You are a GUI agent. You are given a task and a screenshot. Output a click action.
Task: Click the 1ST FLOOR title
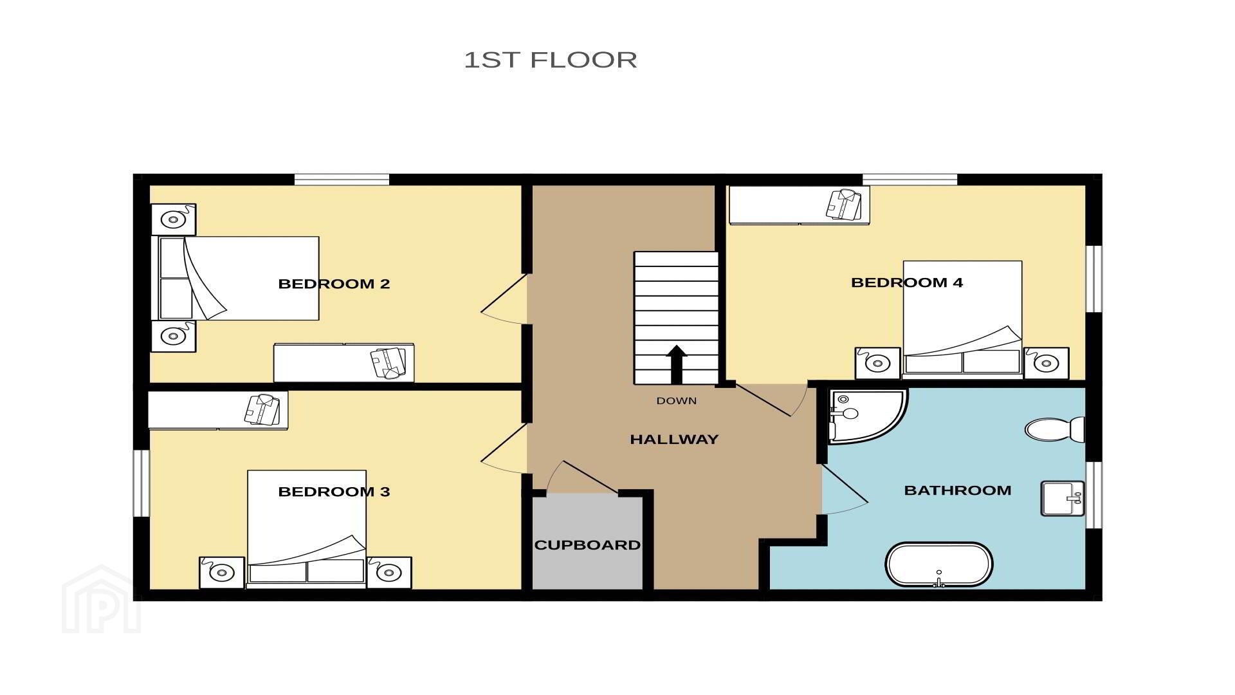coord(551,60)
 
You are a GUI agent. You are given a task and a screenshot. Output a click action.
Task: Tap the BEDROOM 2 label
coord(334,284)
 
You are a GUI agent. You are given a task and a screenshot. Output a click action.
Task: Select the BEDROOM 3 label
coord(334,492)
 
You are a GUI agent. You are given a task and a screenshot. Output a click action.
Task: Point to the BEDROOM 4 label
coord(907,283)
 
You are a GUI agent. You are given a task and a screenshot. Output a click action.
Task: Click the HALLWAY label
coord(674,440)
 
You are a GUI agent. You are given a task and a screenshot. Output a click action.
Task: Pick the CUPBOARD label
coord(587,545)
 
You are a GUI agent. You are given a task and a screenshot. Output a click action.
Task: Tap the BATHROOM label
coord(958,490)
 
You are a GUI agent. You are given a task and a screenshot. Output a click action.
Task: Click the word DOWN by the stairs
coord(676,401)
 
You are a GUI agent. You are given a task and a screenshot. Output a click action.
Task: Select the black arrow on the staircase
coord(676,365)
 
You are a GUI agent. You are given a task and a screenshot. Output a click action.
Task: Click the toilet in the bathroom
coord(1055,429)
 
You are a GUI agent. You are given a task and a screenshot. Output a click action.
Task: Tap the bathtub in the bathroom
coord(939,564)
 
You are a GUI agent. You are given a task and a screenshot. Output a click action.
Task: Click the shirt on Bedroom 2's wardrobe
coord(389,363)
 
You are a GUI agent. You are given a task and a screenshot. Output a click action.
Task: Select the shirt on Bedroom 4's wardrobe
coord(844,205)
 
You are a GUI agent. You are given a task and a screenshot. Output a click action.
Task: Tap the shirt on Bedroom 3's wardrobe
coord(262,410)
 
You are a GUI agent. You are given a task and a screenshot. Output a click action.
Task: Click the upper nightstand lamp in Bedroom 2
coord(173,219)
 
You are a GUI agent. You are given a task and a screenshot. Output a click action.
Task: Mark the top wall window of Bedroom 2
coord(342,180)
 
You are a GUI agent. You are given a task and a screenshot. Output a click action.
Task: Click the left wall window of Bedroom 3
coord(142,483)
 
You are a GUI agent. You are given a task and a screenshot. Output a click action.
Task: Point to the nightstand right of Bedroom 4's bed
coord(1047,364)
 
